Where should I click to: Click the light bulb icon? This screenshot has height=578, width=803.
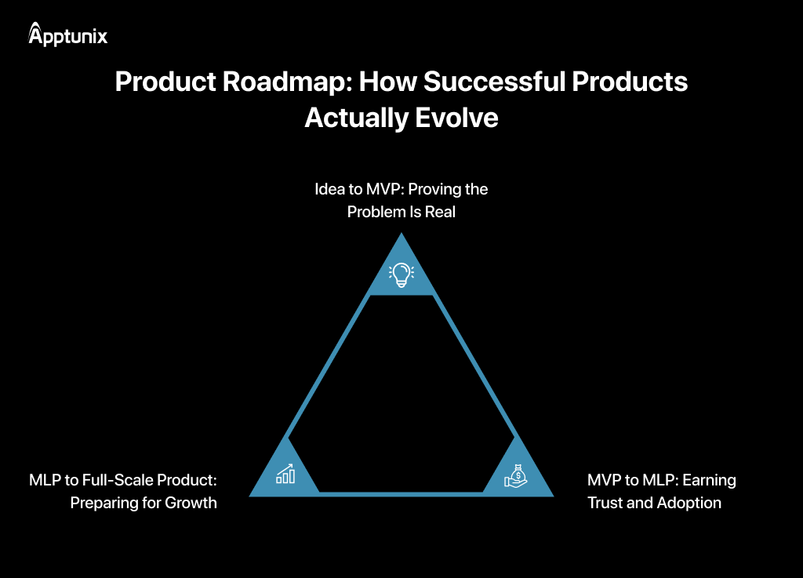(401, 273)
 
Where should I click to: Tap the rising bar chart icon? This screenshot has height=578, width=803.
(285, 474)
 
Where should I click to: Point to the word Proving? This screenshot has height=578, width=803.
(436, 190)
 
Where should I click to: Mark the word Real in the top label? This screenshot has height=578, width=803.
(439, 213)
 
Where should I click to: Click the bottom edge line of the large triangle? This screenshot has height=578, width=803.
(401, 493)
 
